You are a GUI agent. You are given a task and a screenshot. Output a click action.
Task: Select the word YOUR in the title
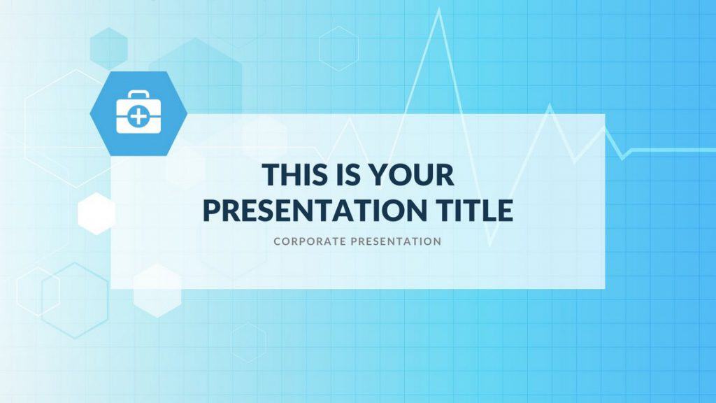pos(413,175)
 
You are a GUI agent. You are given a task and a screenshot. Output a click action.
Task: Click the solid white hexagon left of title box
pos(96,213)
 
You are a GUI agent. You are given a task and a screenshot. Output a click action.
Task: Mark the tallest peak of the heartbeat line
pos(439,10)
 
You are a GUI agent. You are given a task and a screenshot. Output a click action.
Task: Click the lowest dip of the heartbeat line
pos(490,246)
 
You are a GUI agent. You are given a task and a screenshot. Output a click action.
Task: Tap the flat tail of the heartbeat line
pos(671,149)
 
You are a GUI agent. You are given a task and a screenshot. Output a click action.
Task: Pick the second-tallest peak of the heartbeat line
pos(549,106)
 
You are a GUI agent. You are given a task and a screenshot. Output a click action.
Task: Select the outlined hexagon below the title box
pos(248,342)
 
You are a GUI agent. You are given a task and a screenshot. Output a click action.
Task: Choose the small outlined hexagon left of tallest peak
pos(338,48)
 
